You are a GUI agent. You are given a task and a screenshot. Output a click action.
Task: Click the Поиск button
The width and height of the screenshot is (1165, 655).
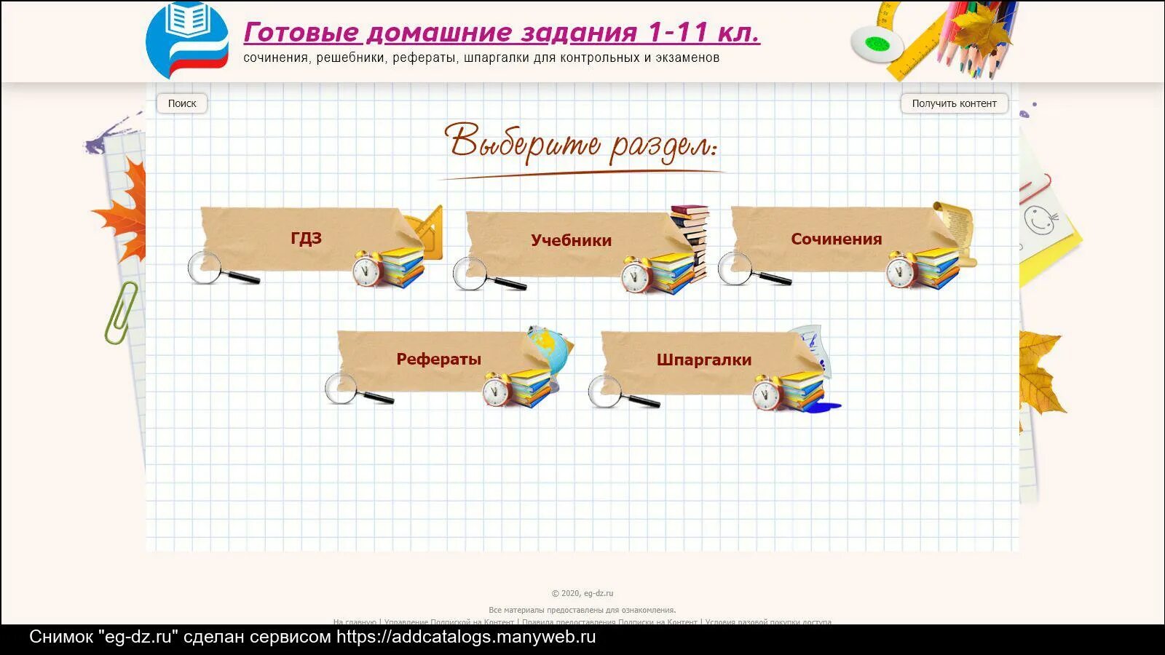point(182,103)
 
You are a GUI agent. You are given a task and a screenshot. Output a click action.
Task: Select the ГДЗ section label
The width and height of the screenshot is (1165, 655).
point(306,238)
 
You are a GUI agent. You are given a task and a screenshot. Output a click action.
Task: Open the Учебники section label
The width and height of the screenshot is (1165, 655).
point(571,240)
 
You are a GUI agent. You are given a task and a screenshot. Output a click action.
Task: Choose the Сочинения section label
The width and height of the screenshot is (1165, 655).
point(836,239)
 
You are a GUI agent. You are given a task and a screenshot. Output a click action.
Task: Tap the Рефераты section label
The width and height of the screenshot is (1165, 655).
point(438,359)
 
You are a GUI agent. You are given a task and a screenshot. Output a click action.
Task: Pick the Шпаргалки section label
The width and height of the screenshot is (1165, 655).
point(703,360)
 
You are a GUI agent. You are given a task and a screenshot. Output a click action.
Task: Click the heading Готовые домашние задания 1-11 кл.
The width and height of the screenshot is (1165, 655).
point(501,32)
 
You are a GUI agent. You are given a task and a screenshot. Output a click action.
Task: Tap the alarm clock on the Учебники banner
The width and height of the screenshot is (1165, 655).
point(636,275)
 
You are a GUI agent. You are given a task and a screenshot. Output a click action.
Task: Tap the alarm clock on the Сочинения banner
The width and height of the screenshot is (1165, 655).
point(901,270)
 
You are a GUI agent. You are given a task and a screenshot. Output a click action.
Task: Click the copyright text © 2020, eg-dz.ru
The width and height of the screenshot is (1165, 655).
point(582,593)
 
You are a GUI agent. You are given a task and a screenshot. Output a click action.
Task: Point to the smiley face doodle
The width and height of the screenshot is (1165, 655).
point(1039,218)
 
